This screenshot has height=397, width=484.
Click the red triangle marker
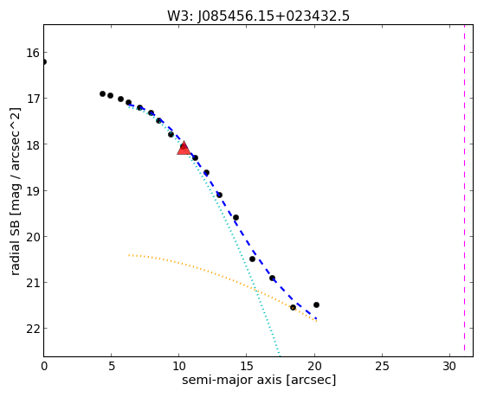pos(184,148)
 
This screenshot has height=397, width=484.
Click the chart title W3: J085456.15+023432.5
pos(258,16)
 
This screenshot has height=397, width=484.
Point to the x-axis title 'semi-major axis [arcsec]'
pos(259,380)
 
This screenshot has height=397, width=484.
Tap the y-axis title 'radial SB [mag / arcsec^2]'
pos(15,191)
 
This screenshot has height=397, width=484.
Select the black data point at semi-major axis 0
pos(44,62)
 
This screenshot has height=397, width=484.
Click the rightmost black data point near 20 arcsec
pos(316,304)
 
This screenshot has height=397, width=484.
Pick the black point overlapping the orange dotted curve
pos(293,307)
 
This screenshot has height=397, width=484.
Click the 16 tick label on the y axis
pos(33,53)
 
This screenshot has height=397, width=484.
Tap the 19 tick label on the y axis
pos(33,191)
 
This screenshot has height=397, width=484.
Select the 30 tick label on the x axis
pos(449,366)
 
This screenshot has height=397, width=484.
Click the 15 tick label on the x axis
pos(246,366)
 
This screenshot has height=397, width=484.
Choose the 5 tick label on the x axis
pos(112,366)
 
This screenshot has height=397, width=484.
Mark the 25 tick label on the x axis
pos(382,366)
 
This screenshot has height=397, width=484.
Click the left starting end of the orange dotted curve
pos(129,255)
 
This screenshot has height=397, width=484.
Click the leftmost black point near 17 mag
pos(102,93)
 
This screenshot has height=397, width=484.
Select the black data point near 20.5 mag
pos(252,259)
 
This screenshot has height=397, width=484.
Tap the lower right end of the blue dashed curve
pos(316,318)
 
